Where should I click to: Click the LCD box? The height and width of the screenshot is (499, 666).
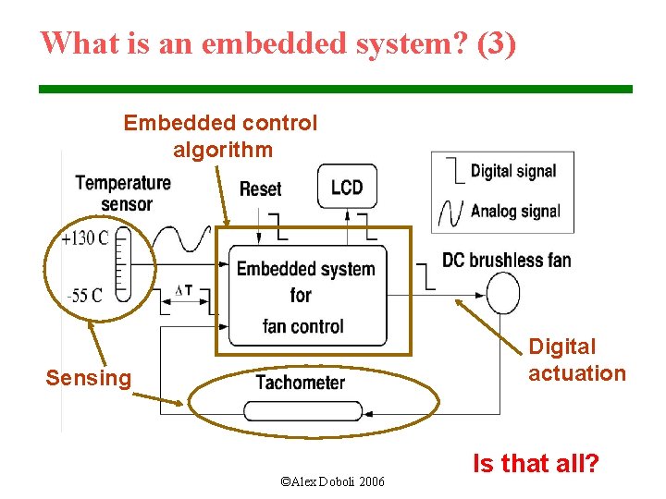[347, 188]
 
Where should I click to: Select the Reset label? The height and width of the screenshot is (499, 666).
[260, 189]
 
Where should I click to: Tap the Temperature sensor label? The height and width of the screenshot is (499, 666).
[123, 192]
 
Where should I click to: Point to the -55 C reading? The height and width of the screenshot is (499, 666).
[85, 296]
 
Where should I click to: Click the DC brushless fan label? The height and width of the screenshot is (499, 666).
[506, 260]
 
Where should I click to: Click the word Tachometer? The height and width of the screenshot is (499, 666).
[300, 382]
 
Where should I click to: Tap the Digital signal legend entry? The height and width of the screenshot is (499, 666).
[512, 171]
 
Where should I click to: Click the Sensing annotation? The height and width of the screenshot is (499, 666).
[89, 378]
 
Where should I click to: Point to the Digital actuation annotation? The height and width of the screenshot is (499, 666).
[576, 360]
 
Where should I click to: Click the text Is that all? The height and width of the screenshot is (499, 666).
[536, 463]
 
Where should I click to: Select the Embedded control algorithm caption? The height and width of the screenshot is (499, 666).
[220, 136]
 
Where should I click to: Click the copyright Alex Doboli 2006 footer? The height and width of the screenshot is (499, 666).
[332, 481]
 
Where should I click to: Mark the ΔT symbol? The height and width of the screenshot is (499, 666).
[184, 290]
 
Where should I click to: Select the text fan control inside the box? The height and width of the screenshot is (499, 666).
[302, 325]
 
